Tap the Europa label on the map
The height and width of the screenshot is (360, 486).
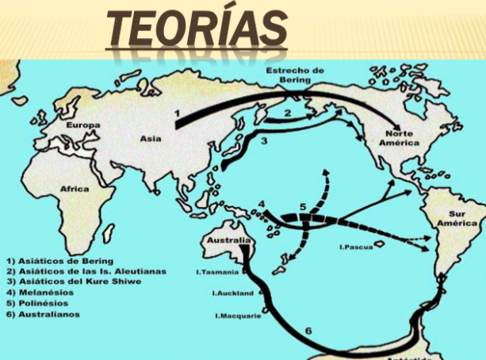pos(82,125)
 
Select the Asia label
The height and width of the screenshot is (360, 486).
pos(151,138)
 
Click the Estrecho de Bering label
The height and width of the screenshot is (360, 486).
pos(294,75)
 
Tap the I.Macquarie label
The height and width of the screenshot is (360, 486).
pos(239,316)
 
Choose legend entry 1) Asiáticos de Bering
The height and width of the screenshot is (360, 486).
pos(59,261)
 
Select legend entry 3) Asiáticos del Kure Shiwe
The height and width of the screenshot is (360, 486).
pos(76,281)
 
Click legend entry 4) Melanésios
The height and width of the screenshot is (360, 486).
pos(42,291)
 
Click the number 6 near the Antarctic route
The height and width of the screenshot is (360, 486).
pos(308,327)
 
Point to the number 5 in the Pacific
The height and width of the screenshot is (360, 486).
pos(302,207)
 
